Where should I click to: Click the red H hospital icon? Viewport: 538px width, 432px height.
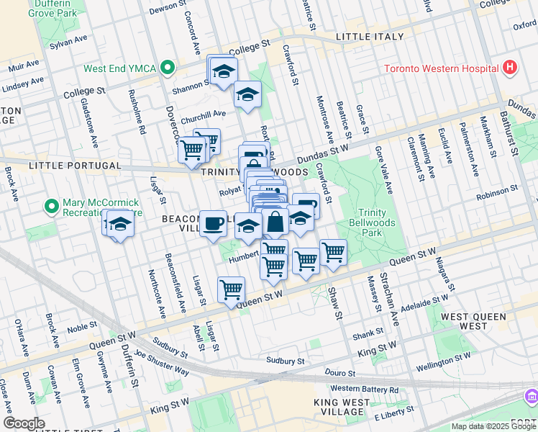[x=510, y=68]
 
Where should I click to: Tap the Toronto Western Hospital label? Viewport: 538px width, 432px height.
[x=441, y=69]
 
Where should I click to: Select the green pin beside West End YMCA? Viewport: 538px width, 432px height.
[x=168, y=69]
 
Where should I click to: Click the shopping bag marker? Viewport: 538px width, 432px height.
[x=275, y=221]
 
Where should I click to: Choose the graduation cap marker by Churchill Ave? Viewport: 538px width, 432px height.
[x=247, y=94]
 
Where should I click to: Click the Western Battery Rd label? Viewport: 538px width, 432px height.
[x=363, y=390]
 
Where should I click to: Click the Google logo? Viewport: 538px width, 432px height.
[x=24, y=423]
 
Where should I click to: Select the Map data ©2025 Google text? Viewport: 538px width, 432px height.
[x=493, y=426]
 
